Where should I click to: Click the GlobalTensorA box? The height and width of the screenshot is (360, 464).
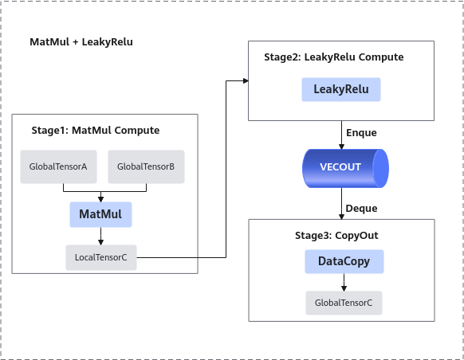[58, 166]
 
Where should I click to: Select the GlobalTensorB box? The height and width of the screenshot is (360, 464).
[146, 166]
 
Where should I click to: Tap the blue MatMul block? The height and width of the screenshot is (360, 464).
[100, 214]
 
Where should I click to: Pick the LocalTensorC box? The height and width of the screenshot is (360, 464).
[101, 257]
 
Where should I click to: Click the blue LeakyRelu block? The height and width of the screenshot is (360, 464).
[341, 89]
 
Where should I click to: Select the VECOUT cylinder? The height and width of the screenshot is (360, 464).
[345, 169]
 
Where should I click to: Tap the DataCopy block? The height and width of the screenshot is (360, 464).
[344, 261]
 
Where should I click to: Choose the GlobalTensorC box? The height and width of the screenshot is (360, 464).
[344, 303]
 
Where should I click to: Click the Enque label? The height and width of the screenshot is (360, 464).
[361, 133]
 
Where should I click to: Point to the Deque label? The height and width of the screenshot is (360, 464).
[361, 209]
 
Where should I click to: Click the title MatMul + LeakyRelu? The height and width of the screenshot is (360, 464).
[81, 42]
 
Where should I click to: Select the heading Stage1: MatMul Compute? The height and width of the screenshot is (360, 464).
[96, 131]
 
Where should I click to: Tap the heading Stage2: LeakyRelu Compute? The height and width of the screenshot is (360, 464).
[334, 57]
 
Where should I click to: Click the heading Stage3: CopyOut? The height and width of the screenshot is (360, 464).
[336, 236]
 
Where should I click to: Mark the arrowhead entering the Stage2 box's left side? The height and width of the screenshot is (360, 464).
[246, 80]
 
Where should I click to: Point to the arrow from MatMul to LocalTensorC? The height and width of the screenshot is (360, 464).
[101, 237]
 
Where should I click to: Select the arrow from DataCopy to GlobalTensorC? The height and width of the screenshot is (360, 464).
[344, 282]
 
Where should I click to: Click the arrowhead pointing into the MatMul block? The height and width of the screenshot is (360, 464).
[101, 199]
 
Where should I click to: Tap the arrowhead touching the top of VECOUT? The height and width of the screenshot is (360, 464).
[341, 147]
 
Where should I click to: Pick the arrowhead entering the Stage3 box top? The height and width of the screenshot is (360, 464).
[341, 217]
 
